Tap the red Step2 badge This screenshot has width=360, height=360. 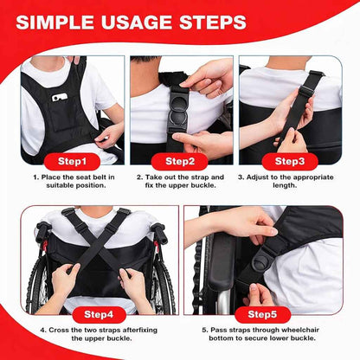pos(179,161)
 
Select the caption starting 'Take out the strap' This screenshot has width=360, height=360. pos(180,183)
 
